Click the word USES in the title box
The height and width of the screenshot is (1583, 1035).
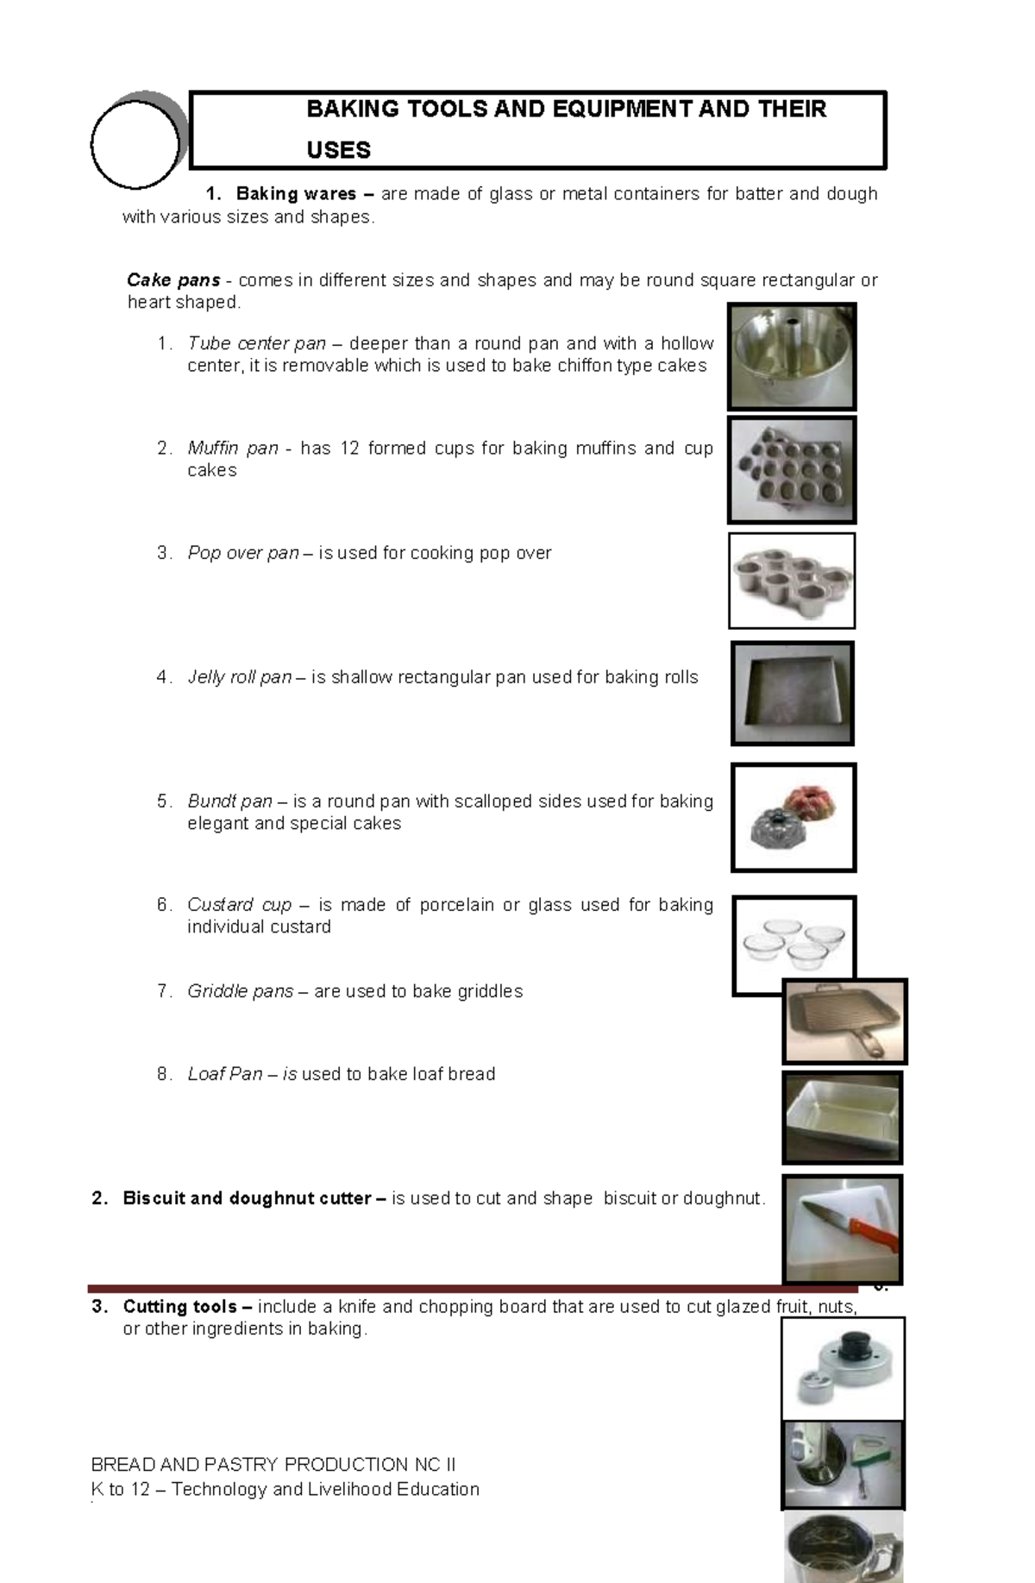coord(338,150)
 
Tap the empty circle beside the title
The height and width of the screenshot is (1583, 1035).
coord(135,144)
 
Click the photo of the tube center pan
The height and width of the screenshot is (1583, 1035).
coord(792,356)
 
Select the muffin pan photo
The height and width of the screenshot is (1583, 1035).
coord(792,470)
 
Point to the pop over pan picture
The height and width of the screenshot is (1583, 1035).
coord(792,581)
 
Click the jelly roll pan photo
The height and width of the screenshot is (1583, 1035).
coord(792,693)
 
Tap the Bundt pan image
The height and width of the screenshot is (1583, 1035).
coord(793,817)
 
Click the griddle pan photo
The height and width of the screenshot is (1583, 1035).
coord(844,1021)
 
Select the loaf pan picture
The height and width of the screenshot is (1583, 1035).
coord(842,1118)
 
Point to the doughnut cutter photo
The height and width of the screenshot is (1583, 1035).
coord(842,1368)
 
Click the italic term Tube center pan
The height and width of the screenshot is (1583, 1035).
coord(256,343)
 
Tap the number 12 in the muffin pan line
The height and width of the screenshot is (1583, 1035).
coord(348,449)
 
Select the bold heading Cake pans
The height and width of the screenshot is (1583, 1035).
coord(173,280)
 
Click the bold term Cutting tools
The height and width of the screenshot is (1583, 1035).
coord(179,1306)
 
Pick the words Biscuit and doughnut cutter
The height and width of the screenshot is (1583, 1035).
coord(247,1198)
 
